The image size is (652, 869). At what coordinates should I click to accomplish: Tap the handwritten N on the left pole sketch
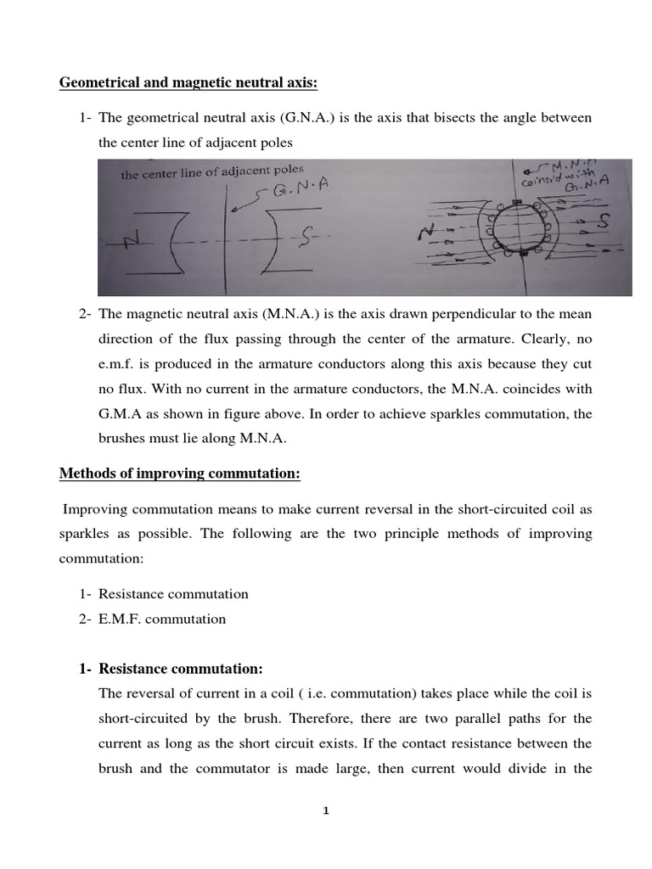(132, 242)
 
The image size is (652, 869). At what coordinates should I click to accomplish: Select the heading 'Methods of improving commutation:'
(180, 474)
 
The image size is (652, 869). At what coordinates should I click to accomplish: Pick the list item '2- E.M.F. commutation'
(153, 619)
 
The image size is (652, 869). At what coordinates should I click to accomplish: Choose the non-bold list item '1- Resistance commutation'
(164, 594)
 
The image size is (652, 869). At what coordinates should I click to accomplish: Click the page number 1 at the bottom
(326, 811)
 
